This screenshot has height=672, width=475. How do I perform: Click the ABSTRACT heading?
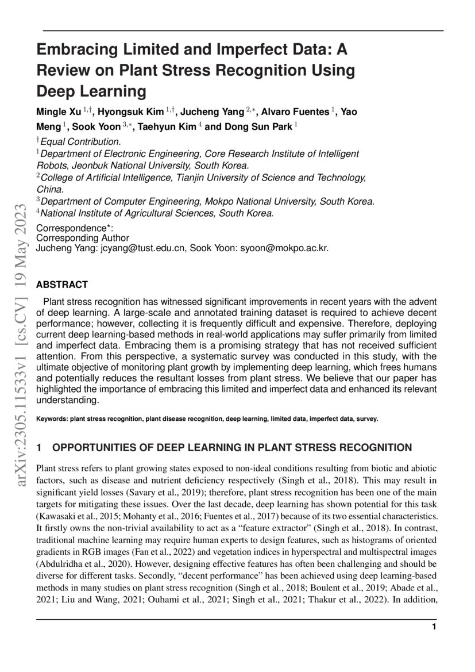62,285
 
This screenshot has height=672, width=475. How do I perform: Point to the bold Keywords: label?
52,419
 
